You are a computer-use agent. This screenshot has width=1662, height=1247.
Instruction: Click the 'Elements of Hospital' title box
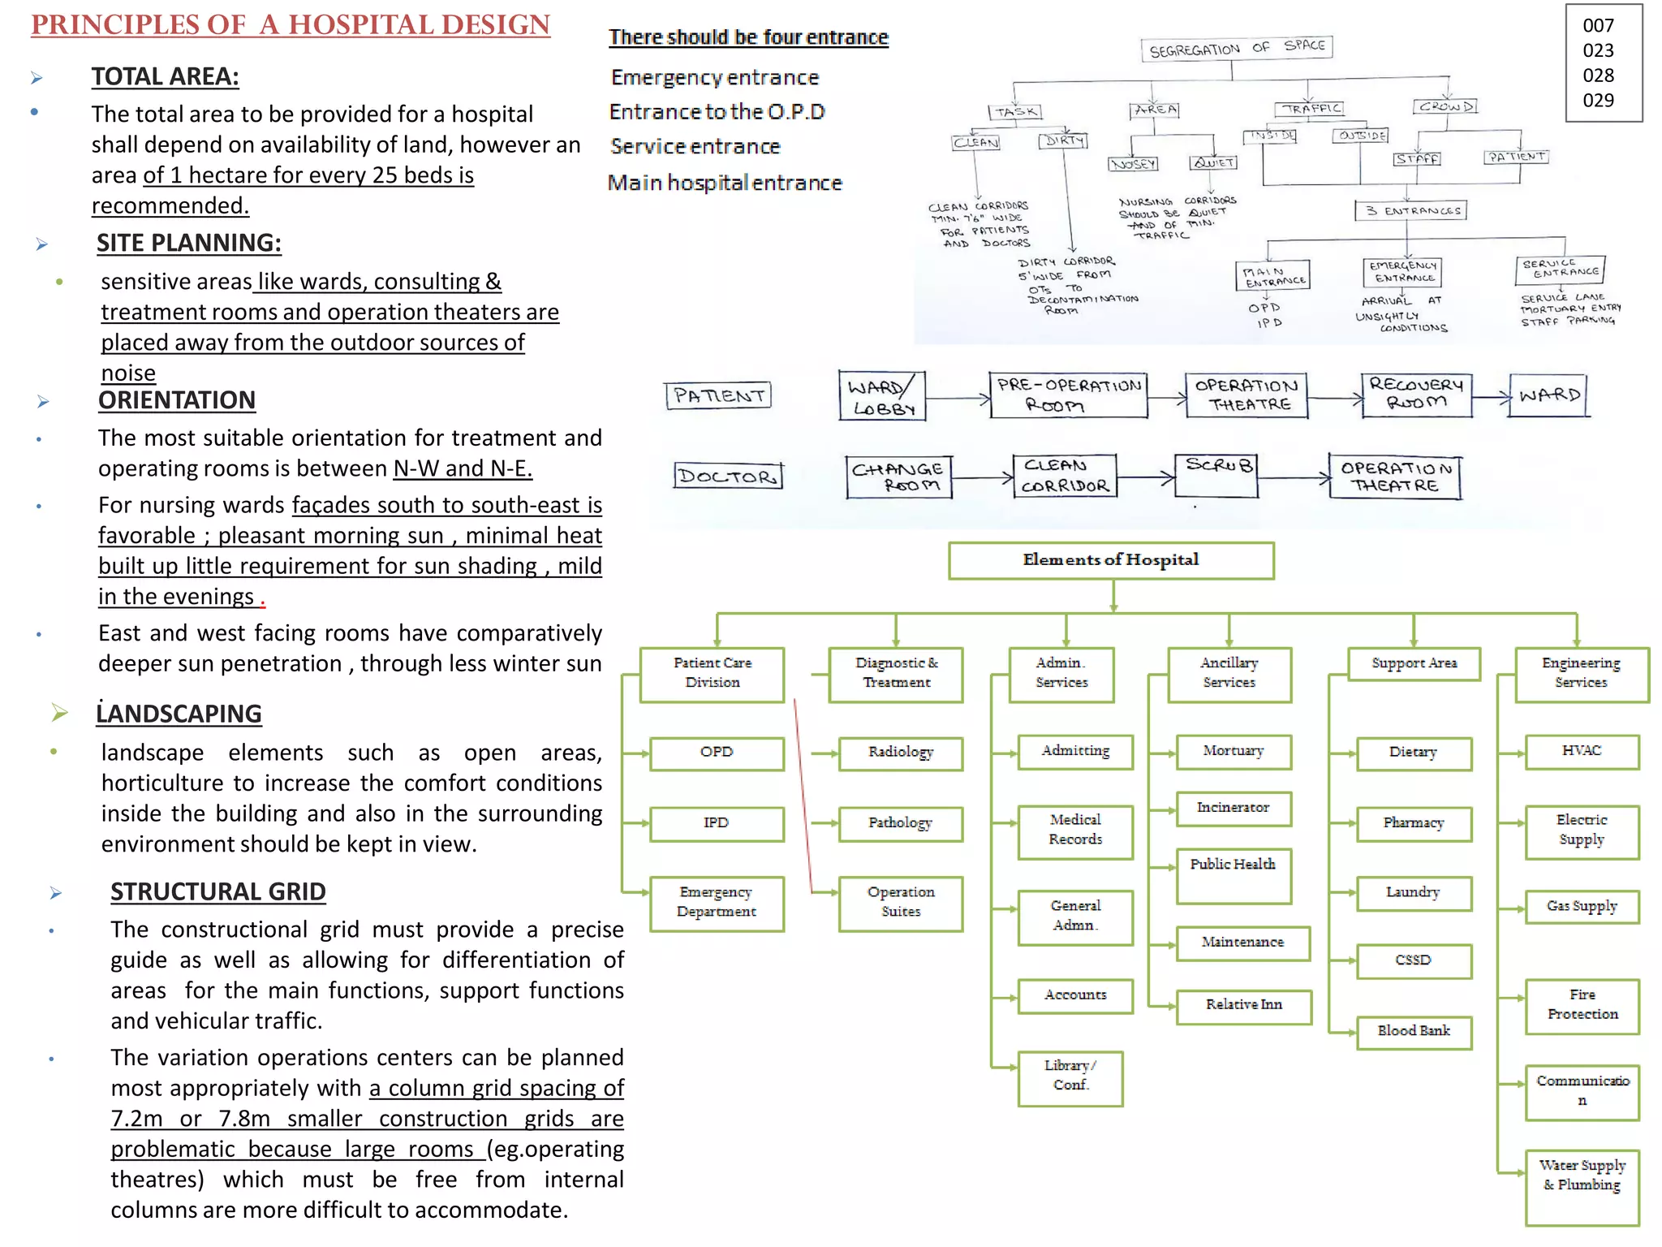tap(1110, 560)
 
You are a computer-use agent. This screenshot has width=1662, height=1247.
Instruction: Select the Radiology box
tap(900, 753)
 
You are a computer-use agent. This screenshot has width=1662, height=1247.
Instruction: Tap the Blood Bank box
tap(1413, 1032)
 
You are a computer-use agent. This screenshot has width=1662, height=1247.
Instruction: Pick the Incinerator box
tap(1233, 809)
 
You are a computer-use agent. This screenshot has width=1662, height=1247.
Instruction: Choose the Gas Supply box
tap(1581, 906)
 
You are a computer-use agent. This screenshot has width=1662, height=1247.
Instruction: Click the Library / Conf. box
tap(1070, 1077)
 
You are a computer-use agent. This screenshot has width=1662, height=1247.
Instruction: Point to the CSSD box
tap(1413, 960)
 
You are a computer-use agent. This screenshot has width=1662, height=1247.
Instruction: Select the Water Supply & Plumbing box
tap(1581, 1184)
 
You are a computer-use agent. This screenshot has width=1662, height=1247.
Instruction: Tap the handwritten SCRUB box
tap(1216, 475)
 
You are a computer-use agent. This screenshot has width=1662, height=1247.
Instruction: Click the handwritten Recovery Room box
tap(1416, 395)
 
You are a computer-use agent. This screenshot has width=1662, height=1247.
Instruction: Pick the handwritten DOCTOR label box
tap(728, 476)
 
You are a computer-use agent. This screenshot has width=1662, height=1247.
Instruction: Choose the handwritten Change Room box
tap(898, 477)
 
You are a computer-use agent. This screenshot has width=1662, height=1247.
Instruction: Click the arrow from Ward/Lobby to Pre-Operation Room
tap(958, 399)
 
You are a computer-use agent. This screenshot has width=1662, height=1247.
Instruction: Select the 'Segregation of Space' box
tap(1235, 49)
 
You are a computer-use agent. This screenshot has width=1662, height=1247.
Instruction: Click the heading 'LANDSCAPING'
tap(179, 714)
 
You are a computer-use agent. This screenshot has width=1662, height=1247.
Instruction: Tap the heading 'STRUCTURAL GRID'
tap(217, 891)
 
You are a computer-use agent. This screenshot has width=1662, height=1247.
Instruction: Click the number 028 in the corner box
tap(1598, 76)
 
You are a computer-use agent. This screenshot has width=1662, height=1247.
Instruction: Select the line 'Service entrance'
tap(695, 147)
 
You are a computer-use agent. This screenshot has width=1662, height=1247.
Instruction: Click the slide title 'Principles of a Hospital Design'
tap(291, 25)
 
